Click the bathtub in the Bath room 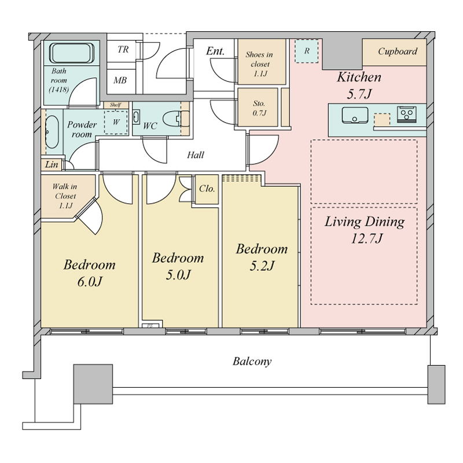point(72,53)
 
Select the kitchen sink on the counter point(355,115)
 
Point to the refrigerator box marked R point(307,51)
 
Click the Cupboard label point(398,52)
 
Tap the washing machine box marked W point(116,122)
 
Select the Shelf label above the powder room point(115,105)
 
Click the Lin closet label point(52,164)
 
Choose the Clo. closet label point(207,189)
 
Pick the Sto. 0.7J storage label point(259,108)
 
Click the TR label point(123,49)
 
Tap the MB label point(120,80)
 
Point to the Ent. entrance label point(215,51)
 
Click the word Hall point(196,155)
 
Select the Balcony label point(252,361)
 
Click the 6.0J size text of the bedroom point(90,282)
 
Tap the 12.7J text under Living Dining point(366,238)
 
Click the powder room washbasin point(52,132)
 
